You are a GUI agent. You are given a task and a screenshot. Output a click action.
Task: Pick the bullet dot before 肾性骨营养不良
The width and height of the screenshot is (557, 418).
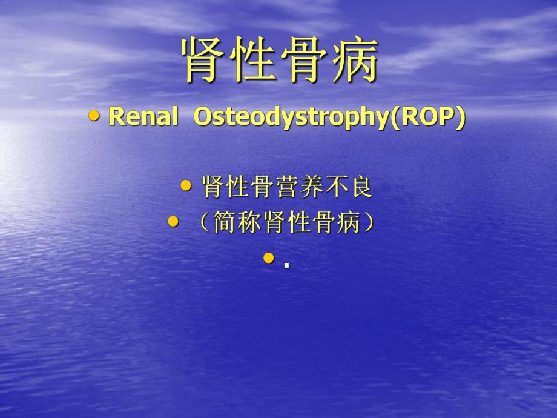(186, 185)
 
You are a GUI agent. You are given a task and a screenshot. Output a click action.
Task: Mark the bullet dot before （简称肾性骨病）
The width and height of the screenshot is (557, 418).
(173, 222)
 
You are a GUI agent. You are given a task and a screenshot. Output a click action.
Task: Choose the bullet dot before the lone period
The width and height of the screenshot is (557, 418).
(269, 259)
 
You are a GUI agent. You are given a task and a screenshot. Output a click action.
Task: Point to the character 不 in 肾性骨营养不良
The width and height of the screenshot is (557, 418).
(335, 187)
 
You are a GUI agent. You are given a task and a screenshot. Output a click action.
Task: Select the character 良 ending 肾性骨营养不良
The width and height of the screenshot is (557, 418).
(360, 187)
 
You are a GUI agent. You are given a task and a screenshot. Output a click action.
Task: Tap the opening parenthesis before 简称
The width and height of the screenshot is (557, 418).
(203, 224)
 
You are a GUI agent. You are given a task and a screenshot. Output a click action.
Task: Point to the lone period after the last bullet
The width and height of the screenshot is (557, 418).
(286, 265)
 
